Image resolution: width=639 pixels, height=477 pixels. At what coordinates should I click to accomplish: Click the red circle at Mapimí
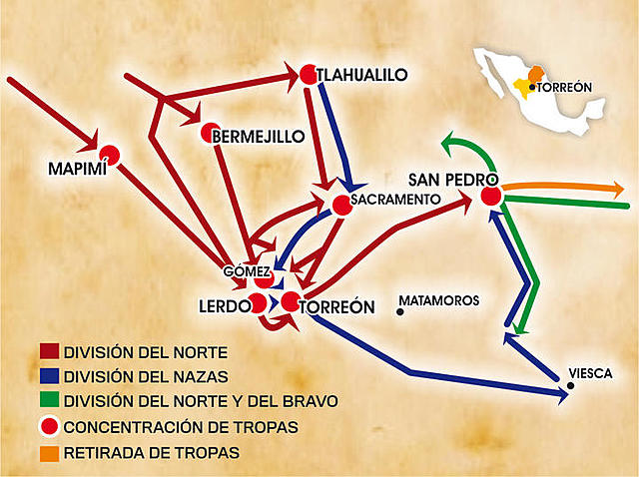click(110, 154)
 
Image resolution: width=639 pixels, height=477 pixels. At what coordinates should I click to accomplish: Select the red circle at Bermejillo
click(210, 133)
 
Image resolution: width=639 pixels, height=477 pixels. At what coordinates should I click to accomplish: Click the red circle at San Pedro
click(490, 196)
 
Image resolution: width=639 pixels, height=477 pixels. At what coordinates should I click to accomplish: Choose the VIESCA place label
click(588, 372)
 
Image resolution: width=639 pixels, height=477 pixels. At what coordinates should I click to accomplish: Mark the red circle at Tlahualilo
click(308, 73)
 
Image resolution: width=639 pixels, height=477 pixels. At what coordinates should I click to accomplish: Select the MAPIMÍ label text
click(76, 169)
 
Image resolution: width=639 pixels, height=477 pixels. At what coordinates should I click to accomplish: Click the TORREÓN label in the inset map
click(566, 88)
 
